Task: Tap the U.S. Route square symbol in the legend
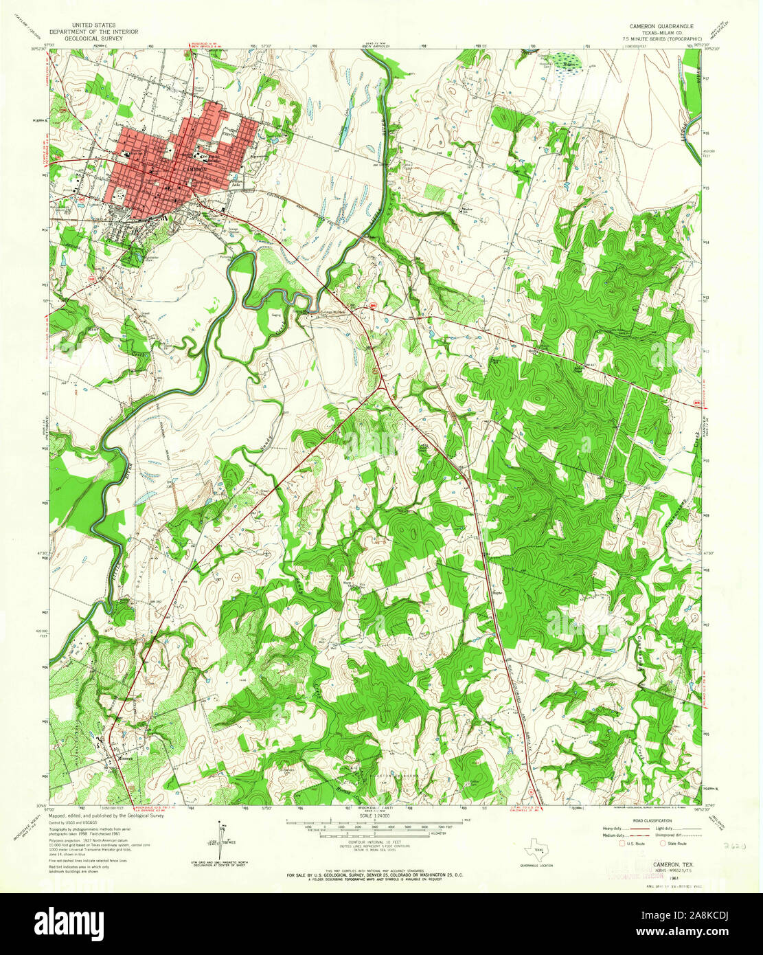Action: pos(622,843)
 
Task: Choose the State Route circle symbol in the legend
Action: pos(662,843)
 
